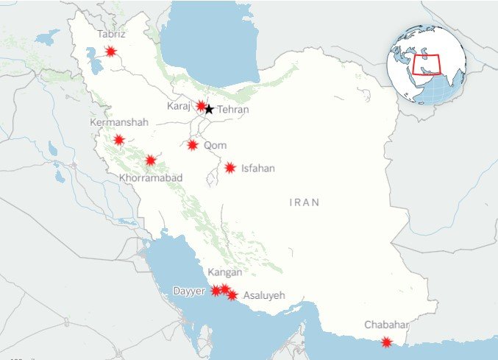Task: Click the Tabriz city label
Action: (111, 35)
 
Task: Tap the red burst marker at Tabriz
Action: (110, 51)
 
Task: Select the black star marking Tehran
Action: (209, 110)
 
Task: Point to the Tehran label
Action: (233, 110)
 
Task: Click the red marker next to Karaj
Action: (201, 106)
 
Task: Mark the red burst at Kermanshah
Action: (118, 139)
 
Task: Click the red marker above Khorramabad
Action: (151, 160)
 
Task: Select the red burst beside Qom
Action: (192, 145)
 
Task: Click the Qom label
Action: (215, 145)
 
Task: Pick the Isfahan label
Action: (257, 169)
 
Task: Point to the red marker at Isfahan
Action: (230, 168)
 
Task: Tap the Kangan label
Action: (225, 272)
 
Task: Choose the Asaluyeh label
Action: (263, 296)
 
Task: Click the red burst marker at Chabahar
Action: (386, 342)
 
